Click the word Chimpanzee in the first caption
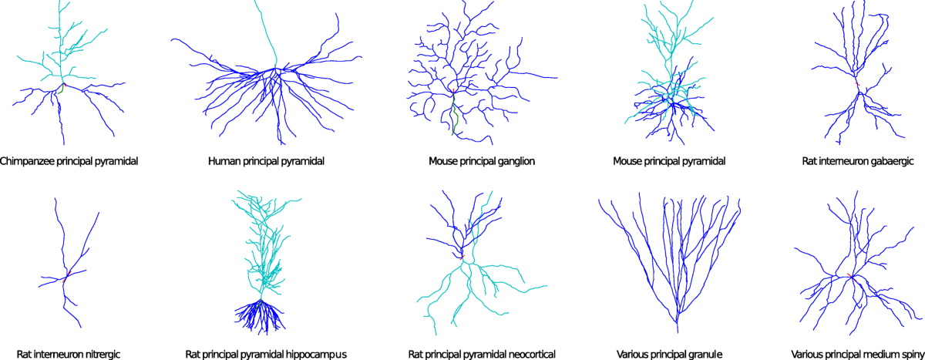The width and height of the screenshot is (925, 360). click(x=29, y=162)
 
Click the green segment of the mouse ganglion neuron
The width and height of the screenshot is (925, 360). click(x=456, y=119)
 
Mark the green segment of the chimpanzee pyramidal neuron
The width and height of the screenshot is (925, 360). click(x=59, y=90)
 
